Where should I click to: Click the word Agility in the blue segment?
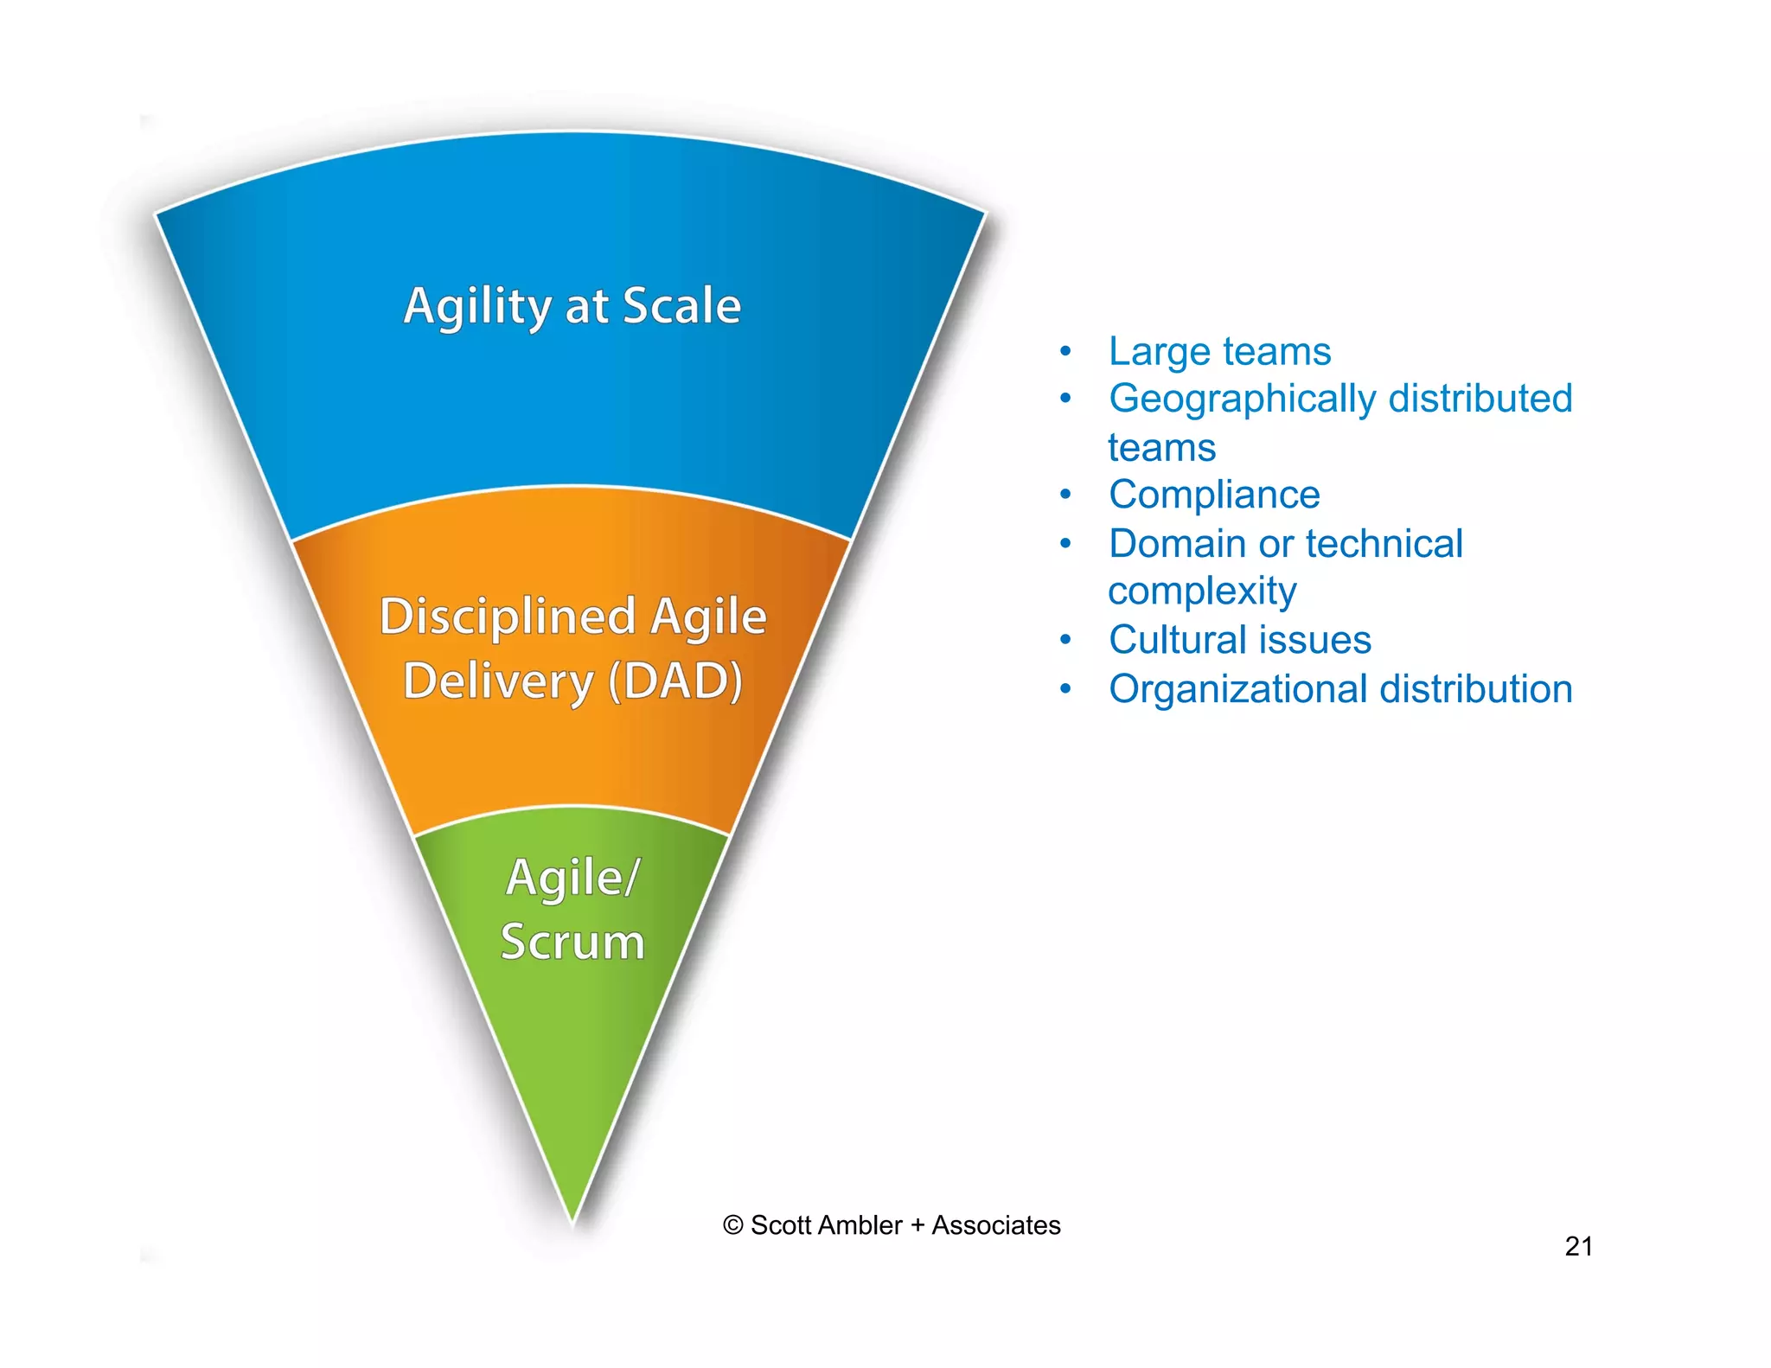[478, 307]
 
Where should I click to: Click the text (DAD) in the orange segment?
[675, 681]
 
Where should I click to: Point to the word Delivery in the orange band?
[498, 681]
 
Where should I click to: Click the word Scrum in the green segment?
[572, 942]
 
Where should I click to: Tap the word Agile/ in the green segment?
[572, 878]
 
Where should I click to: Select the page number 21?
[1578, 1246]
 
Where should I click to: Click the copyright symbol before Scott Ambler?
[732, 1225]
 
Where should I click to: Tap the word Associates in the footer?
[995, 1225]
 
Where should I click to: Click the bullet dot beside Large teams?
[1065, 351]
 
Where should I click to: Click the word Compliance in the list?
[1214, 495]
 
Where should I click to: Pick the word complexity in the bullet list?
[1202, 591]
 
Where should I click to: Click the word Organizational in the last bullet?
[1237, 689]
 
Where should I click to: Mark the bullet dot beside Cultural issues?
[1065, 640]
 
